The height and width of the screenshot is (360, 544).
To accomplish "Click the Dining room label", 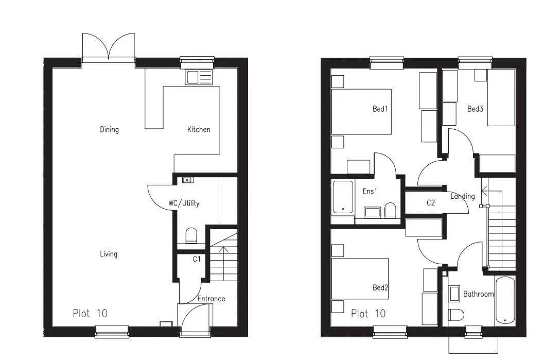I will click(109, 129).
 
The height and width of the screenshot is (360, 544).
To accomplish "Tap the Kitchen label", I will click(198, 129).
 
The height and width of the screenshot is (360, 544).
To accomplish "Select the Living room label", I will click(109, 253).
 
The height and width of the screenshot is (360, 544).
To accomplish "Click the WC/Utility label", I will click(184, 203).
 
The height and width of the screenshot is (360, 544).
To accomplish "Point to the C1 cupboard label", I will click(197, 259).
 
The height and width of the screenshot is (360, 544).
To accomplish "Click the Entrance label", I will click(211, 298).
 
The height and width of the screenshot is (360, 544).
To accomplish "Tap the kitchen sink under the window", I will click(199, 78).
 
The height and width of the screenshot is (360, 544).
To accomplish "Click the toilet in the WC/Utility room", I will click(191, 236).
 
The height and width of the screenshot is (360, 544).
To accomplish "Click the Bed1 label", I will click(380, 109).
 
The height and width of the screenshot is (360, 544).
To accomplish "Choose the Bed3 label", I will click(475, 109).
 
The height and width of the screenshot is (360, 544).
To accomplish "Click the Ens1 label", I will click(370, 191).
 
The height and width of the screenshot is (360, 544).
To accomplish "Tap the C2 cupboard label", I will click(431, 203).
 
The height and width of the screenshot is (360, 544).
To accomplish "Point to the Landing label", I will click(463, 196).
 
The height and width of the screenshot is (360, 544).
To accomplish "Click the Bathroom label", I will click(478, 294).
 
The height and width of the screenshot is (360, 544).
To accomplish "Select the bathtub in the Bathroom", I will click(504, 301).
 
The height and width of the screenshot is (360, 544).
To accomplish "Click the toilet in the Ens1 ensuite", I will click(390, 210).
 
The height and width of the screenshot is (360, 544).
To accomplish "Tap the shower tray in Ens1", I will click(343, 197).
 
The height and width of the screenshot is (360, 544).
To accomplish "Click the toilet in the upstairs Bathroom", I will click(456, 315).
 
